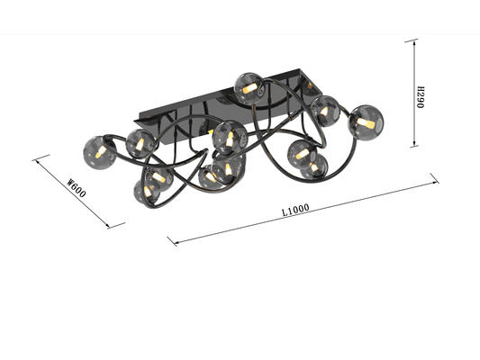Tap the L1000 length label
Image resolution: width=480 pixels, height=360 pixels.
(295, 211)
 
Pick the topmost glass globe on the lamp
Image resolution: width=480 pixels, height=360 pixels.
(247, 85)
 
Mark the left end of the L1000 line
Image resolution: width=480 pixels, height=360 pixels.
(170, 242)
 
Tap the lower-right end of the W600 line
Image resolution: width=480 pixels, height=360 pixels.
(122, 225)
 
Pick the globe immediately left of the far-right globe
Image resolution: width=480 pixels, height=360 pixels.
(324, 111)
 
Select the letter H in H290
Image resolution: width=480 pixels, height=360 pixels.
(421, 84)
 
